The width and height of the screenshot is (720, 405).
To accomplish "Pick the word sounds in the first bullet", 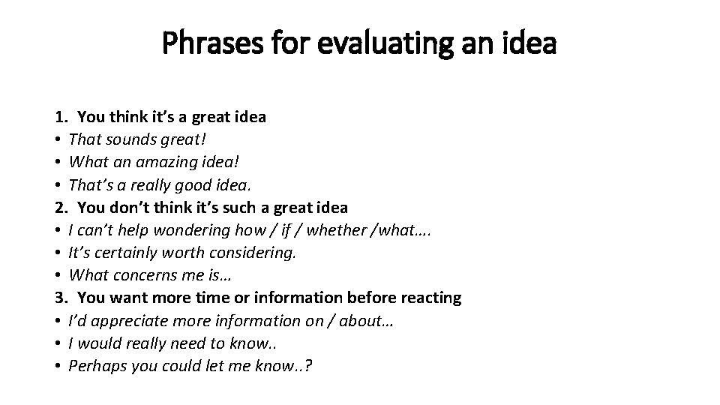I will pyautogui.click(x=127, y=139).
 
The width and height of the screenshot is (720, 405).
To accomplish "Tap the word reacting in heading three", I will pyautogui.click(x=430, y=298).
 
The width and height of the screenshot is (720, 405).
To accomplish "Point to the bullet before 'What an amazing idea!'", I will pyautogui.click(x=58, y=163).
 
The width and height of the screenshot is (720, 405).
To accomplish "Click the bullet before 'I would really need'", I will pyautogui.click(x=58, y=343).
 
